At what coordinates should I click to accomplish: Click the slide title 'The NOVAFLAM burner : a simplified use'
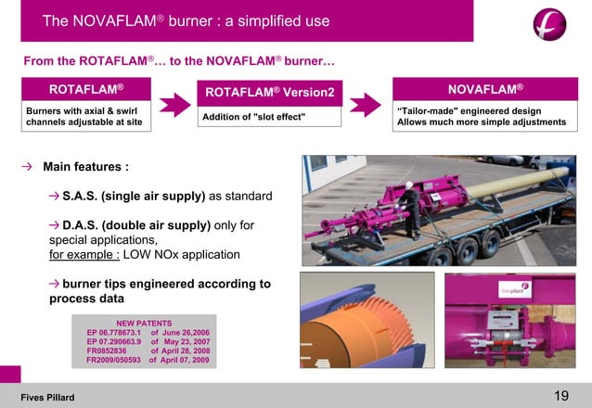pos(186,20)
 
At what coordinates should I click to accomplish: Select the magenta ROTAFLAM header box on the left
pos(86,89)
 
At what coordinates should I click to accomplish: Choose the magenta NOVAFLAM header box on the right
pos(485,89)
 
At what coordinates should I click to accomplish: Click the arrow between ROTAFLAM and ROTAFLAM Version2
pos(174,105)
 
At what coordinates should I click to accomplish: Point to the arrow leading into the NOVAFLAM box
pos(365,105)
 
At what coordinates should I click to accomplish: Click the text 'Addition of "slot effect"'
pos(255,116)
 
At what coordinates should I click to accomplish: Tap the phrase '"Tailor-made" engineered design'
pos(469,111)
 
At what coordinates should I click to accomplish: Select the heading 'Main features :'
pos(85,167)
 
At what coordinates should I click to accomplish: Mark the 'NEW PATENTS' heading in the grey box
pos(144,323)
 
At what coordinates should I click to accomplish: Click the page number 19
pos(560,396)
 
